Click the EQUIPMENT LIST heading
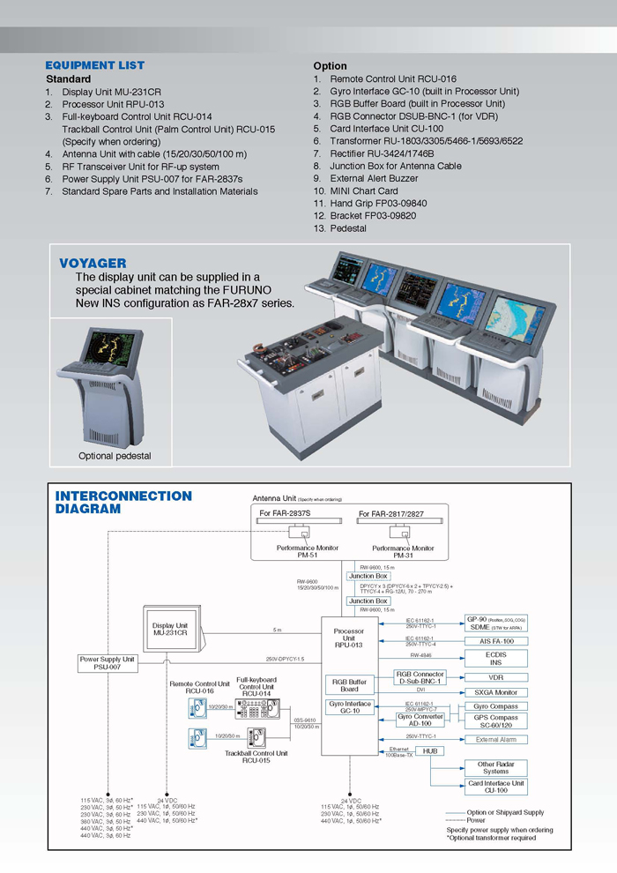tap(94, 65)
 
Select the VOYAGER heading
tap(93, 263)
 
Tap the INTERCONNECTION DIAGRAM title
tap(123, 502)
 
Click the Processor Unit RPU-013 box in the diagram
tap(349, 638)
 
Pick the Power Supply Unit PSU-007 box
tap(108, 663)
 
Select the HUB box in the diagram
tap(430, 750)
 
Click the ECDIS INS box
tap(495, 659)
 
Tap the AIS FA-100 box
tap(495, 641)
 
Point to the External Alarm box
tap(495, 739)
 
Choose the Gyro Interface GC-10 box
tap(350, 707)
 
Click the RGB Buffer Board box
tap(349, 685)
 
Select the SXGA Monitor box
tap(495, 692)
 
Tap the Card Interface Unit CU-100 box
tap(495, 787)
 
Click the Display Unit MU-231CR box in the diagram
tap(170, 629)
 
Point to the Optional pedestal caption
tap(115, 456)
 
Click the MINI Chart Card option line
tap(363, 190)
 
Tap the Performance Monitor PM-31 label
tap(403, 552)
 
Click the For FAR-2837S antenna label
tap(285, 512)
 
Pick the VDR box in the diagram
tap(495, 677)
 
